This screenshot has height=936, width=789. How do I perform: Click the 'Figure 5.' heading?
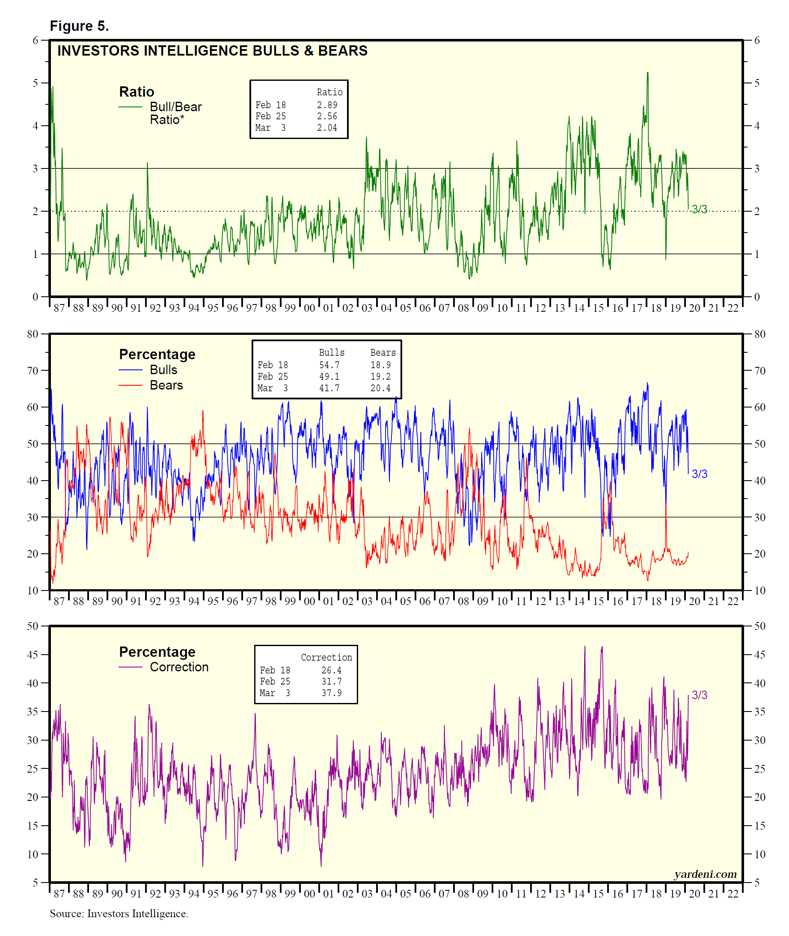click(79, 26)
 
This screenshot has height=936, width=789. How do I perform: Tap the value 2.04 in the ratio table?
click(327, 128)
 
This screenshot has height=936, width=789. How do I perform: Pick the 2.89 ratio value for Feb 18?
click(327, 105)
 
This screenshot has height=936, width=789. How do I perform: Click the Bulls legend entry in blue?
click(163, 370)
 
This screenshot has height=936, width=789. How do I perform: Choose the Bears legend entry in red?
click(166, 385)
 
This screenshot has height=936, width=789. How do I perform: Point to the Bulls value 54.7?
click(329, 365)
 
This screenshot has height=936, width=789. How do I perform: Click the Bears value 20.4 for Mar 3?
click(380, 388)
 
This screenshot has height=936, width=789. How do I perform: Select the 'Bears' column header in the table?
click(383, 353)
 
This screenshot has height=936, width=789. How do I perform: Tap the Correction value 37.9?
click(332, 693)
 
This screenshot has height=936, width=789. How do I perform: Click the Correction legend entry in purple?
click(179, 667)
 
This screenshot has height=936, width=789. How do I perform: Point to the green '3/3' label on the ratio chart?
click(700, 209)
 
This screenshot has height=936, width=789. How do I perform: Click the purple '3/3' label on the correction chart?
click(700, 695)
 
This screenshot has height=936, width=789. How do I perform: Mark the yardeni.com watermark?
click(706, 874)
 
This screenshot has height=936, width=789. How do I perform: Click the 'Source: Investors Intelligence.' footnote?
click(119, 914)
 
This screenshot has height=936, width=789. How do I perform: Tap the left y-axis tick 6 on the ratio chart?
click(36, 40)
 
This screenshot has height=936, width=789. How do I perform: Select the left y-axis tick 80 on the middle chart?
click(33, 334)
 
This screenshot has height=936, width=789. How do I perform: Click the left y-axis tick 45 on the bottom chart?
click(33, 655)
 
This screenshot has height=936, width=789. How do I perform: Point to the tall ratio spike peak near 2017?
click(647, 73)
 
